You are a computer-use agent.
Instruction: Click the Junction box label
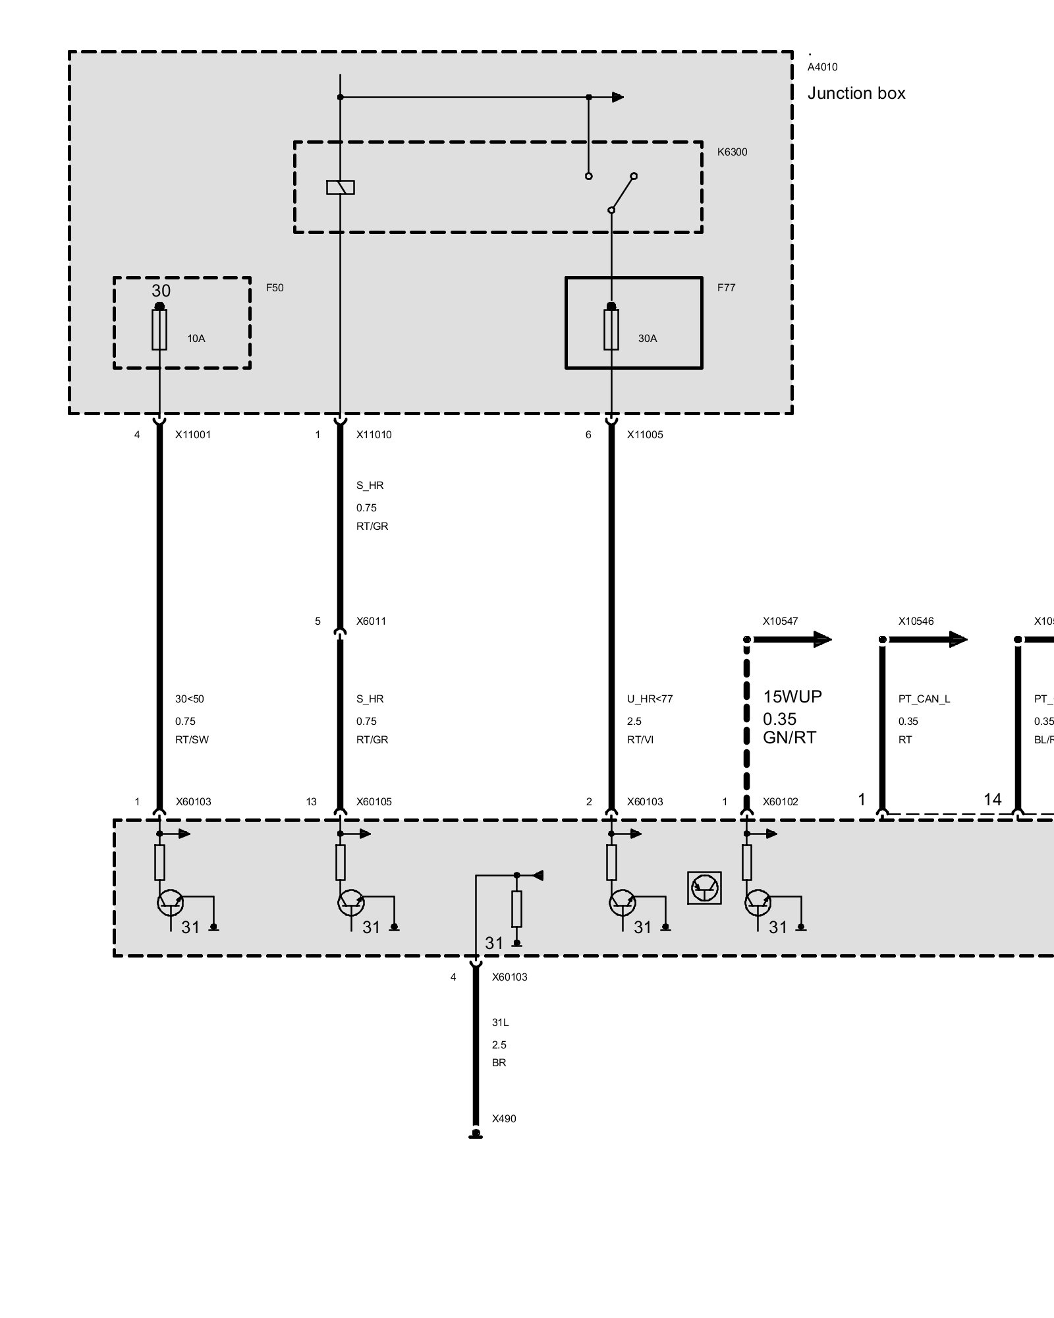click(x=856, y=94)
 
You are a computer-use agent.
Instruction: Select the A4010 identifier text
click(x=822, y=67)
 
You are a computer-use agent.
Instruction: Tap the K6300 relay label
click(x=732, y=152)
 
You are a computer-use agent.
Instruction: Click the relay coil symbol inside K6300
click(x=340, y=188)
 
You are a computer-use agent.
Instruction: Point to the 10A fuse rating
click(x=196, y=339)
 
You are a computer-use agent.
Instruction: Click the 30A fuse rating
click(x=647, y=339)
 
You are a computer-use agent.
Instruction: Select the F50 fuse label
click(x=275, y=288)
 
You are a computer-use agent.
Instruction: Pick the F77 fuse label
click(x=726, y=288)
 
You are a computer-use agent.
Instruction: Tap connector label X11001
click(x=193, y=435)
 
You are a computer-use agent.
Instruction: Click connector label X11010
click(x=374, y=435)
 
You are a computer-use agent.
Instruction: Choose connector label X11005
click(x=645, y=435)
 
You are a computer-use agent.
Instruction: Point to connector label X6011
click(x=371, y=621)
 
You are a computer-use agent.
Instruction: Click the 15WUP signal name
click(x=792, y=697)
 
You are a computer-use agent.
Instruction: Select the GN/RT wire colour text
click(x=789, y=738)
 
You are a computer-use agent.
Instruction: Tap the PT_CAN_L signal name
click(x=924, y=699)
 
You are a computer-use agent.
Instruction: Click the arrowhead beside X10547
click(x=822, y=639)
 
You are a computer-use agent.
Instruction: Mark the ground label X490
click(x=504, y=1119)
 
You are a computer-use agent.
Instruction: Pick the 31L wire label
click(x=500, y=1023)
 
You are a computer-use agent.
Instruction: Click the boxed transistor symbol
click(x=704, y=888)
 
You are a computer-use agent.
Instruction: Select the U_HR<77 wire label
click(x=650, y=699)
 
